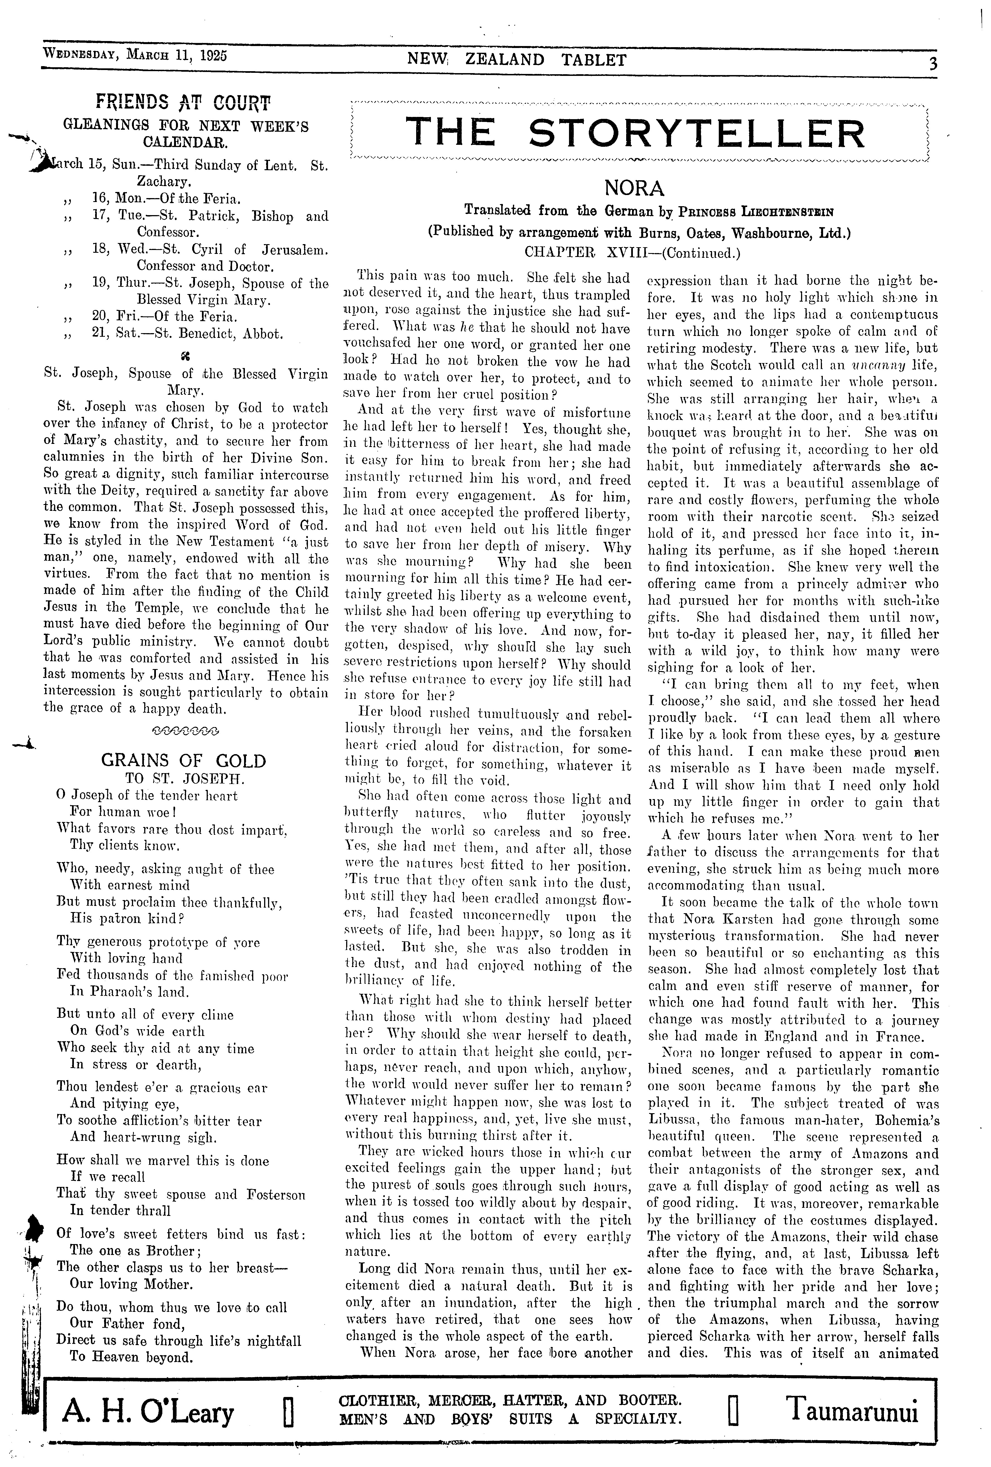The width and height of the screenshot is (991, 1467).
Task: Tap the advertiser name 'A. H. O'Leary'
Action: (148, 1413)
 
